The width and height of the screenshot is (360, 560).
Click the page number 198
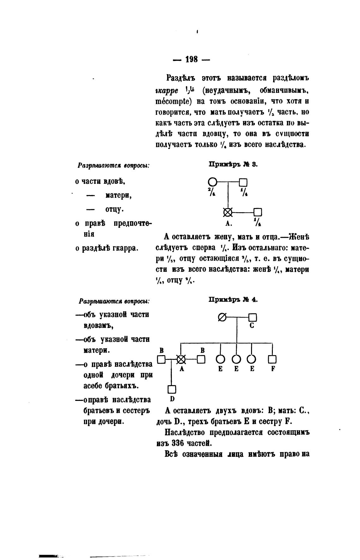(191, 59)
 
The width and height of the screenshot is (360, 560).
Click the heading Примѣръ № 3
(233, 164)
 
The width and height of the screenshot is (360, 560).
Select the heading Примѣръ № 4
(233, 300)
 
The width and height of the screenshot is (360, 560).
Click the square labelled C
(253, 317)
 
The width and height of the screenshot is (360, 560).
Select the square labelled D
(172, 389)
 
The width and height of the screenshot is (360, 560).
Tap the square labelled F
(272, 360)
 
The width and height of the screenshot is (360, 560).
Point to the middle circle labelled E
(236, 360)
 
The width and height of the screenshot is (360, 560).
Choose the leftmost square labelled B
(161, 359)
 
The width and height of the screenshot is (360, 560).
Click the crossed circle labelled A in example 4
(181, 359)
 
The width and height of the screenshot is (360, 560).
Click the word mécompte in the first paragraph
(173, 102)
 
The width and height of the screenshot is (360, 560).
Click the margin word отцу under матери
(114, 209)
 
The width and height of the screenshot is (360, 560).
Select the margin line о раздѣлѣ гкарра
(107, 248)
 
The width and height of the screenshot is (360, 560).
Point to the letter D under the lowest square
(172, 399)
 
